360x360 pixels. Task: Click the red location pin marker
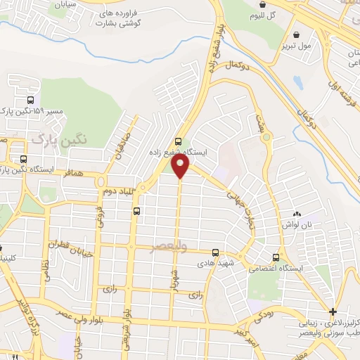point(181,166)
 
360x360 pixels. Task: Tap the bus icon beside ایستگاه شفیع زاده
point(179,141)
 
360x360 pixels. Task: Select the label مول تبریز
point(296,46)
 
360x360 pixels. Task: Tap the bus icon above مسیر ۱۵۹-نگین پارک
point(30,100)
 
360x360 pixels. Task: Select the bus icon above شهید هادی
point(215,252)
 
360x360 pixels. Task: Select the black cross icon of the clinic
point(332,311)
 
